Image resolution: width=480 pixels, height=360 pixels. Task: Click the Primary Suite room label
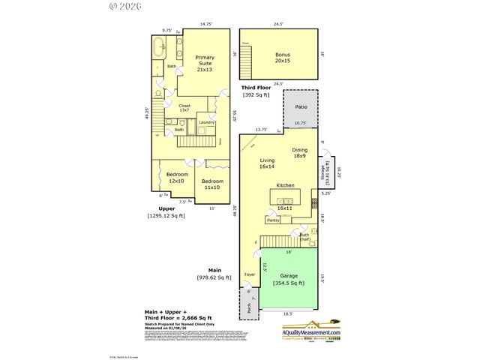(205, 64)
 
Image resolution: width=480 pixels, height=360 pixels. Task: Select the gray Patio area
(300, 107)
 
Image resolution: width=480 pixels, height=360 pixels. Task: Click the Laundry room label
(206, 122)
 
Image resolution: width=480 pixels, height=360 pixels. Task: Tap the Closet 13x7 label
(184, 108)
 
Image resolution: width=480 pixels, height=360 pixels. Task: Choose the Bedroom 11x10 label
(211, 184)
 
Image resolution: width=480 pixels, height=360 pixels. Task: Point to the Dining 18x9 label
(300, 153)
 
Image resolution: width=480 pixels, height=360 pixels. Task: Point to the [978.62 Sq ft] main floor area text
(213, 277)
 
